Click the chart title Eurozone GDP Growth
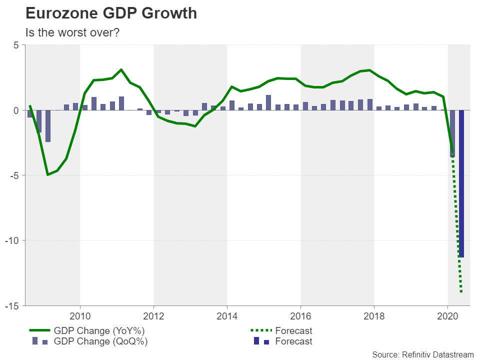coord(111,13)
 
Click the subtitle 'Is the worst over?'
coord(73,32)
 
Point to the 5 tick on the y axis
coord(16,45)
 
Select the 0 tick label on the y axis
coord(16,110)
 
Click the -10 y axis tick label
coord(12,240)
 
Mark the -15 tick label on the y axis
coord(12,305)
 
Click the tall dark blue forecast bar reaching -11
coord(461,200)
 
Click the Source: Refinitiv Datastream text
coord(422,354)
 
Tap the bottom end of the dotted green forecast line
coord(461,292)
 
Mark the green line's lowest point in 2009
coord(47,174)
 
